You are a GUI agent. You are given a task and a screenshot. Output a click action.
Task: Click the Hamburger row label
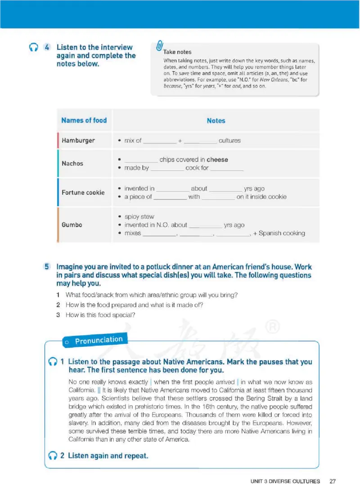[x=78, y=140]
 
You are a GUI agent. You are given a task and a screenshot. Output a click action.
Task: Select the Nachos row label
[x=72, y=163]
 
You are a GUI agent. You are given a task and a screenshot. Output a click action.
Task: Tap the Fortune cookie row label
[x=83, y=193]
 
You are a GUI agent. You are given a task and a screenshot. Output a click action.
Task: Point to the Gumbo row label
[x=72, y=225]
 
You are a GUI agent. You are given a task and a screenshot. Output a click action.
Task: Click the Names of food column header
[x=84, y=120]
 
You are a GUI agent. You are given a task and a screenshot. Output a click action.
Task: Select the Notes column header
[x=216, y=121]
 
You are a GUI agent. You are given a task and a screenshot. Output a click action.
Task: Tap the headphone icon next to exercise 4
[x=33, y=48]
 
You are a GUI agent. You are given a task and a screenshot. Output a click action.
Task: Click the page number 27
[x=333, y=481]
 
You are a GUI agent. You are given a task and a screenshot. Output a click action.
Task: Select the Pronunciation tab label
[x=99, y=340]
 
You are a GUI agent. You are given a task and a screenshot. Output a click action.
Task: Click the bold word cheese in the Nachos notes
[x=217, y=160]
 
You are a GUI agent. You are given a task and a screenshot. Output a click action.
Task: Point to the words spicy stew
[x=139, y=217]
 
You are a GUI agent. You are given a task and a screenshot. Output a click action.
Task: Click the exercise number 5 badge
[x=47, y=267]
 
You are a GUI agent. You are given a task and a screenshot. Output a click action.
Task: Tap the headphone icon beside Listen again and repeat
[x=53, y=456]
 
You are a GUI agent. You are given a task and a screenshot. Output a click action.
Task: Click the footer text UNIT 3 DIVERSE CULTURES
[x=285, y=481]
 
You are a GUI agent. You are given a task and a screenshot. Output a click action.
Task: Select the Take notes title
[x=177, y=52]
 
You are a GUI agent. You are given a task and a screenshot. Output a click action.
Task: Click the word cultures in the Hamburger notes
[x=229, y=141]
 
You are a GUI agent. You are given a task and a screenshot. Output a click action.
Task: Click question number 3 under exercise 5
[x=58, y=315]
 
